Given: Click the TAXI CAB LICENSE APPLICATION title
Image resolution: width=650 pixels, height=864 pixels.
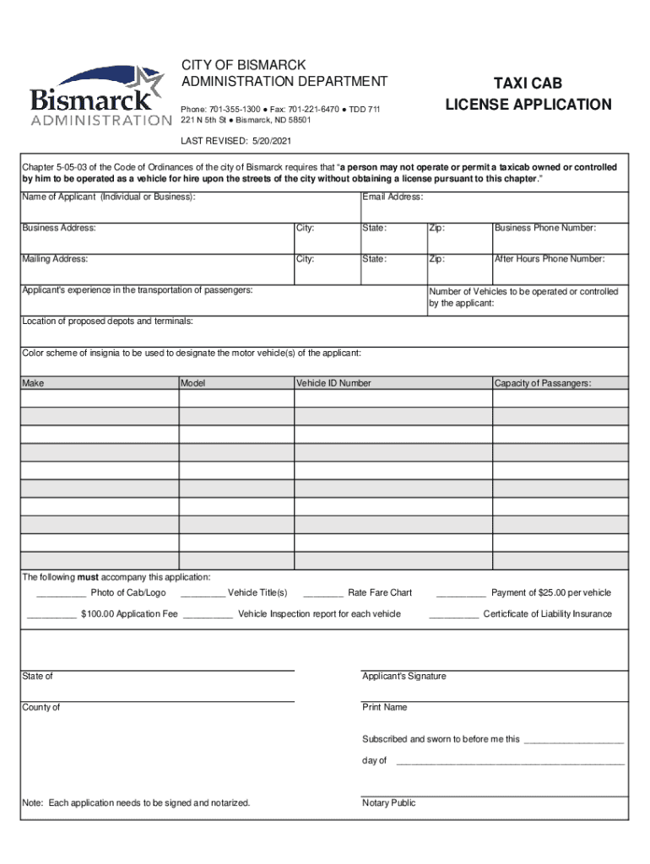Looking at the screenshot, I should (x=528, y=94).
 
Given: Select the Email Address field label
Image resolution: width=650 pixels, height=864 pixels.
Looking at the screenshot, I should (x=393, y=197).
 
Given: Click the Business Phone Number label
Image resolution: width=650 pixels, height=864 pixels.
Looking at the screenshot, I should (x=545, y=228).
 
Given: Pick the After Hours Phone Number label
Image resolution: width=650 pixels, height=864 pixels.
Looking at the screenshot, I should (x=549, y=259).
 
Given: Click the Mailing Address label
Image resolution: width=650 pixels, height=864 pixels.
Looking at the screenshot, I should (x=55, y=259).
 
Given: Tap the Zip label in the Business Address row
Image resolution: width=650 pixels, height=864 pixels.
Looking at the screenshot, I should (x=436, y=228).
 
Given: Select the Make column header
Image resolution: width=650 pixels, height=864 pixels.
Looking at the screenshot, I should (x=33, y=383).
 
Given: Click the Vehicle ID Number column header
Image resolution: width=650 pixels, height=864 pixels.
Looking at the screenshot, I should (x=333, y=383).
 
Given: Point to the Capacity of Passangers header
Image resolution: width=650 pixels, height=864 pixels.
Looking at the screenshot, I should (x=543, y=383).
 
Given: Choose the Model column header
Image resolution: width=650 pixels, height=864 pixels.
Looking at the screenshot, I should (x=193, y=383).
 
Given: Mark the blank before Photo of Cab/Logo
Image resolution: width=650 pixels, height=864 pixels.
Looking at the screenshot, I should (x=55, y=594).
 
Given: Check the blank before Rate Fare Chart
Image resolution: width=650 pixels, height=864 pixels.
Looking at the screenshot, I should (x=322, y=594).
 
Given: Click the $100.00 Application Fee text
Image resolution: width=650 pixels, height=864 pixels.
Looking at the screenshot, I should (x=129, y=614).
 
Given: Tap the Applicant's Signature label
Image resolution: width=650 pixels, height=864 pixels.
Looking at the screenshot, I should (x=404, y=677).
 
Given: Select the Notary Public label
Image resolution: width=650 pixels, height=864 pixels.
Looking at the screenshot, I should (x=388, y=803).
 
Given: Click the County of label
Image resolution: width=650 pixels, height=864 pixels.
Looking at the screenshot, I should (x=41, y=707).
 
